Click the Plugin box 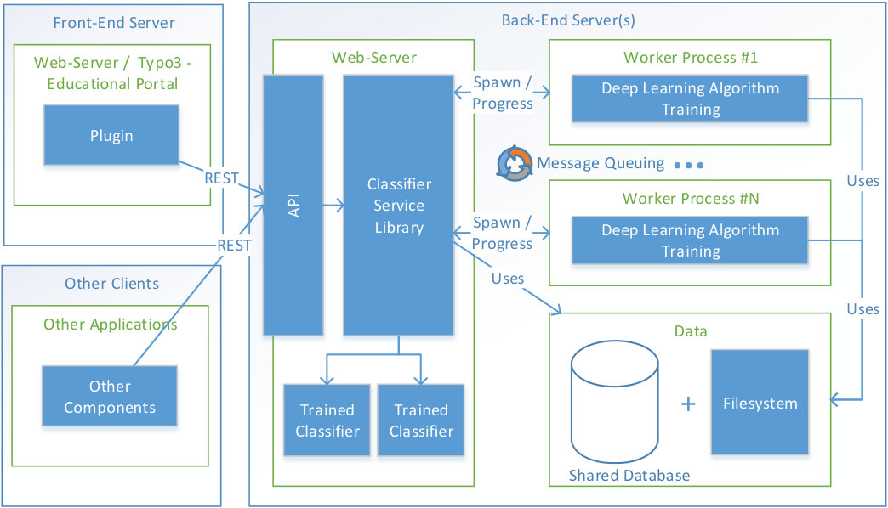tap(111, 135)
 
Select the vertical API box tap(293, 205)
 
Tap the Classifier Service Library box tap(399, 205)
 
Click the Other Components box tap(110, 396)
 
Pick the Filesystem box tap(760, 402)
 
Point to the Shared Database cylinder tap(614, 402)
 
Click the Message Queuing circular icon tap(515, 163)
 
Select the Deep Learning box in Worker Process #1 tap(690, 99)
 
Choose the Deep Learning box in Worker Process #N tap(690, 240)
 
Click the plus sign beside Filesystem tap(688, 404)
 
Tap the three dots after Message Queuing tap(689, 165)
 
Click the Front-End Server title tap(114, 23)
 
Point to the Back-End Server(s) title tap(568, 20)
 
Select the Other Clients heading tap(111, 284)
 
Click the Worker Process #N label tap(691, 199)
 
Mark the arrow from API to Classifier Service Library tap(333, 205)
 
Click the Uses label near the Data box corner tap(508, 279)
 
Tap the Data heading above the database tap(691, 331)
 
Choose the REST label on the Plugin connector tap(221, 178)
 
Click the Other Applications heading tap(111, 325)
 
